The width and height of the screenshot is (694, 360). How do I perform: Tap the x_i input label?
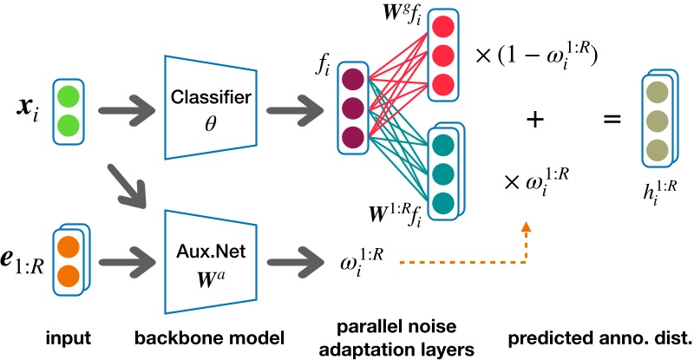(x=27, y=110)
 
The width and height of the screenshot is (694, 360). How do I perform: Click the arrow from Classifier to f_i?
(x=291, y=111)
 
